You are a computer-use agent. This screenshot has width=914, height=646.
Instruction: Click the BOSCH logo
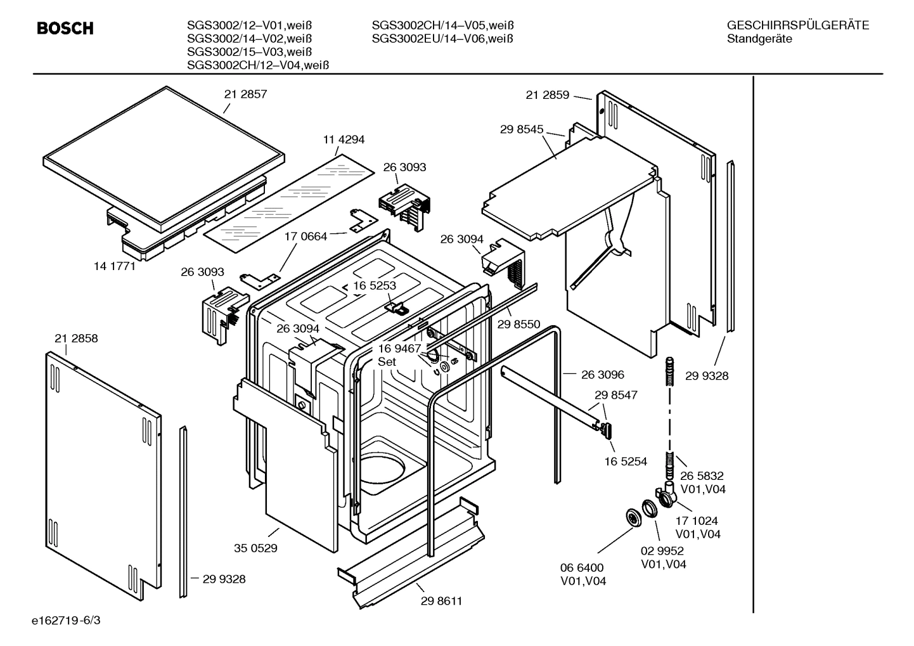coord(65,29)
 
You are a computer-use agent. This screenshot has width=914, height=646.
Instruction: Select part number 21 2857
coord(245,94)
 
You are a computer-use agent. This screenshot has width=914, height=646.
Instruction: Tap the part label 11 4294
coord(344,139)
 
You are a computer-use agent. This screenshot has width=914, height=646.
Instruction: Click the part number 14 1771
coord(115,266)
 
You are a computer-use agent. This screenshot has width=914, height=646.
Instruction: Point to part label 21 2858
coord(76,339)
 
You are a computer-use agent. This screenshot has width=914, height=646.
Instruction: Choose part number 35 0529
coord(255,548)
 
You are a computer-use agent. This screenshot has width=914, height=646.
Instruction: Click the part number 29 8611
coord(441,601)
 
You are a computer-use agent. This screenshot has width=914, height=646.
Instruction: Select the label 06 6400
coord(582,567)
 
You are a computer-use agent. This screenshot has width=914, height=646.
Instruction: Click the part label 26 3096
coord(602,375)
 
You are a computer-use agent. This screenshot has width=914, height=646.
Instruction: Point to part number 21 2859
coord(548,95)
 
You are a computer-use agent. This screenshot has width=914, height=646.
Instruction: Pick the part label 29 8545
coord(522,129)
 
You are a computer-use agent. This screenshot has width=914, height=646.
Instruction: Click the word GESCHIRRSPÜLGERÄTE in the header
coord(797,26)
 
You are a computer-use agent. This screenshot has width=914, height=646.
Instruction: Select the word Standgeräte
coord(759,39)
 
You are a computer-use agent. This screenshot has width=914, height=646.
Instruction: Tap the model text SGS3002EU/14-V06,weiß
coord(442,39)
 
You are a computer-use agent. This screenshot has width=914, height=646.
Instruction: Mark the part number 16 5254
coord(626,462)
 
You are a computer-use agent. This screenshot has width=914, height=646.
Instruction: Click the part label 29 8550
coord(518,325)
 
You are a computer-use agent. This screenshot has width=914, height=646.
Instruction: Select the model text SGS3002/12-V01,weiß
coord(249,26)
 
